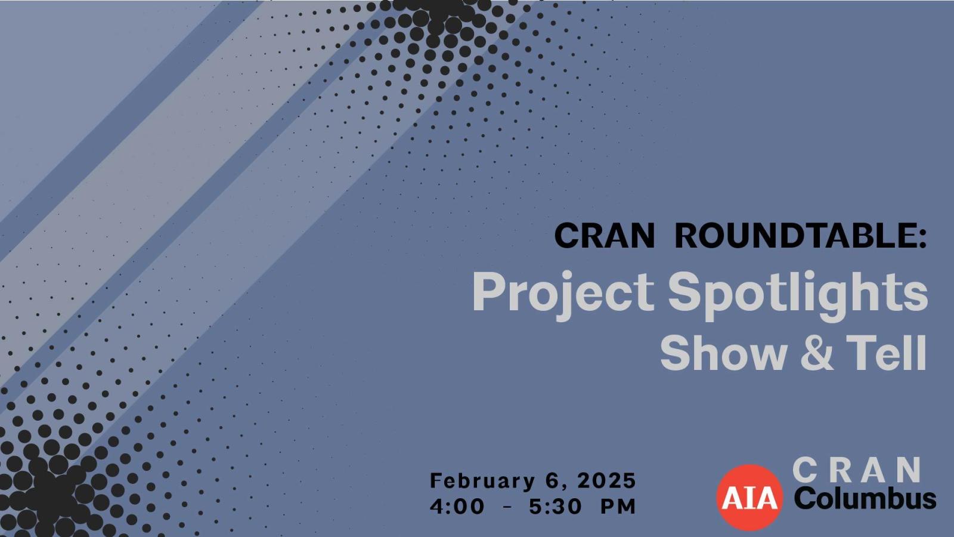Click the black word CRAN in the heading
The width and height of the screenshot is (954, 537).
(604, 236)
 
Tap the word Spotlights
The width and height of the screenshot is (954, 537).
(797, 292)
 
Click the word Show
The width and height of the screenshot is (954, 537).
(723, 353)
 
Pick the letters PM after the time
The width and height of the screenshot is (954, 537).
(618, 507)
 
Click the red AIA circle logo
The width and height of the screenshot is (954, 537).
(749, 497)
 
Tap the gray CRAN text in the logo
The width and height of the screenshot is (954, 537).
(857, 471)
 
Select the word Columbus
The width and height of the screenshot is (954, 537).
(865, 499)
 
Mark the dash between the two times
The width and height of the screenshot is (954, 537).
(507, 507)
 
